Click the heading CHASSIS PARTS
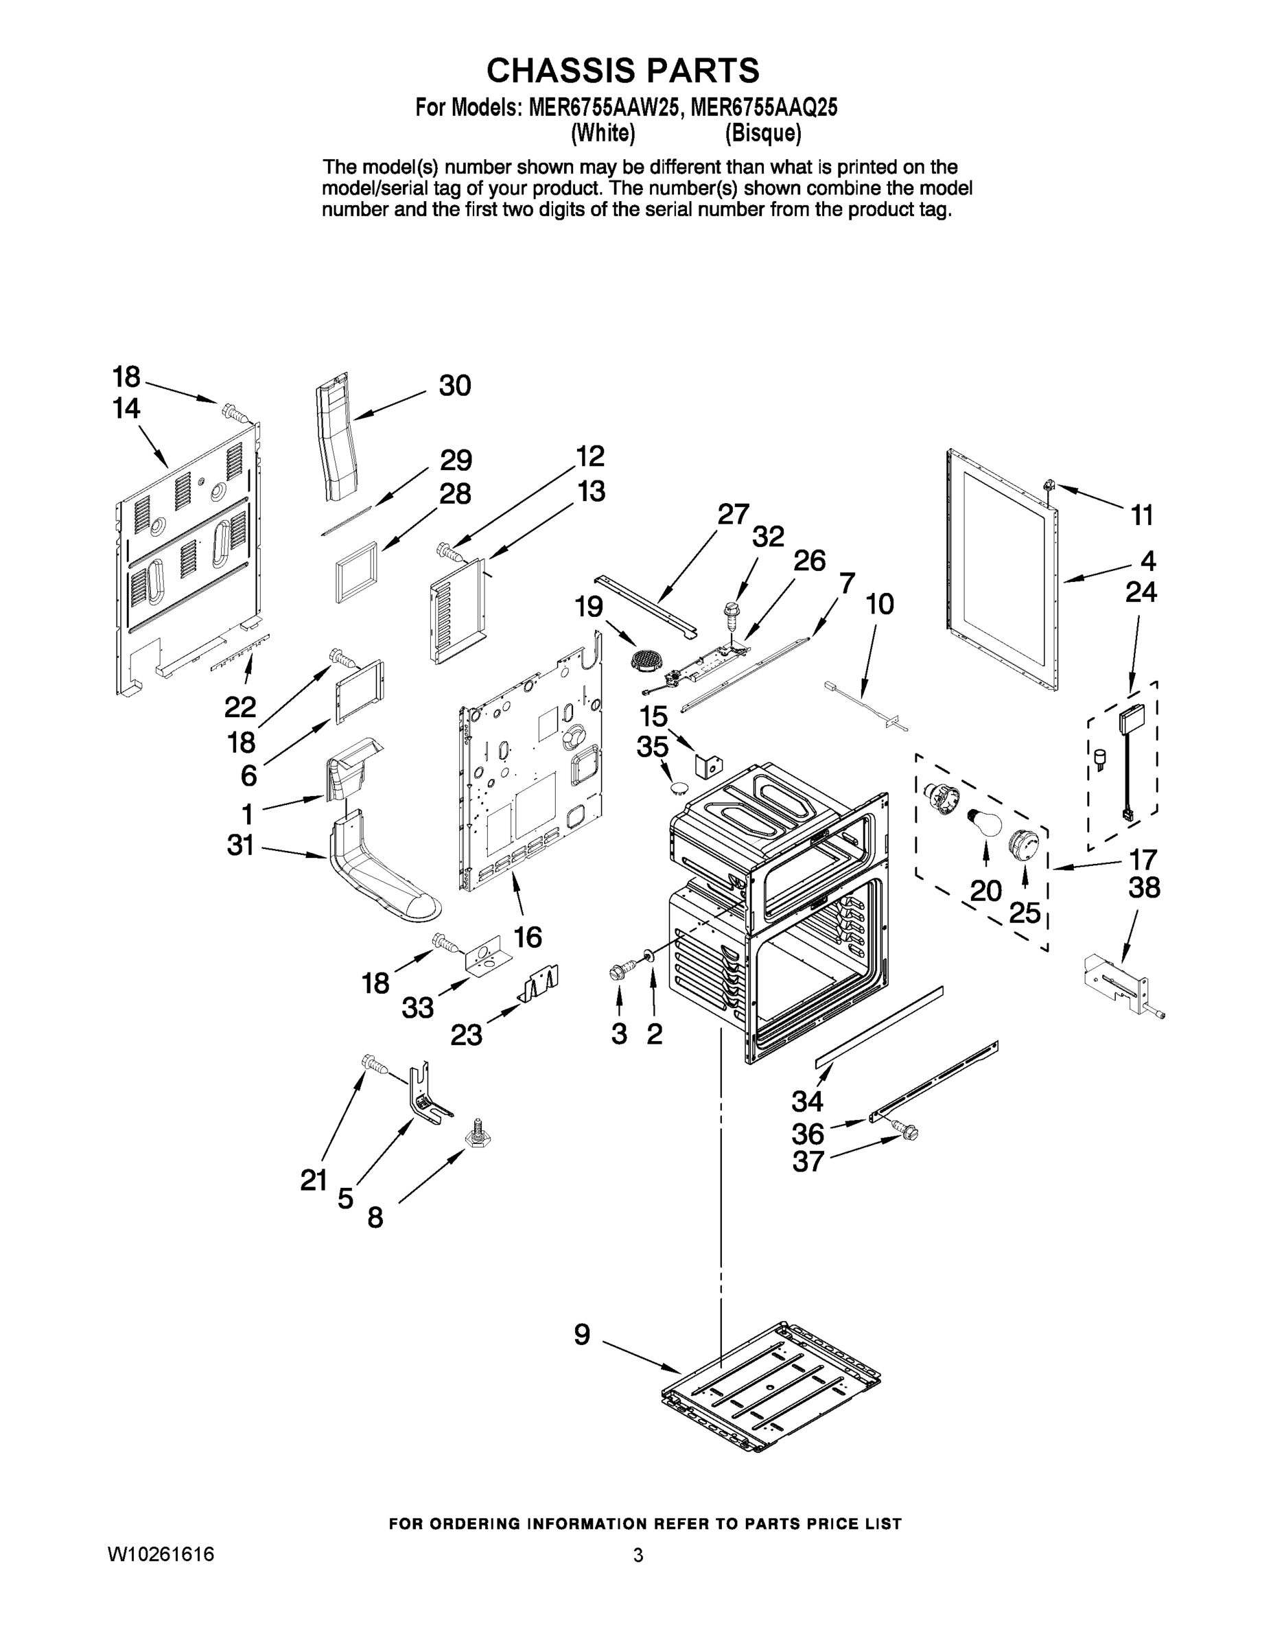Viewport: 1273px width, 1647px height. tap(622, 70)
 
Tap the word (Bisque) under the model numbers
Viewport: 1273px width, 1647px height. tap(762, 134)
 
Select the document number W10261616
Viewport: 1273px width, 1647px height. tap(161, 1554)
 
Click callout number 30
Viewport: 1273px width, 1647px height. tap(455, 386)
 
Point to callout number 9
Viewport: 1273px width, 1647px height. tap(582, 1335)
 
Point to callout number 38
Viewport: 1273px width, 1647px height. tap(1143, 887)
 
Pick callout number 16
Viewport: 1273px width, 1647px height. tap(528, 937)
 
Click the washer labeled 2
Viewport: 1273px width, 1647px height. tap(649, 955)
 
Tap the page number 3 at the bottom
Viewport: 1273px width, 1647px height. tap(638, 1555)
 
